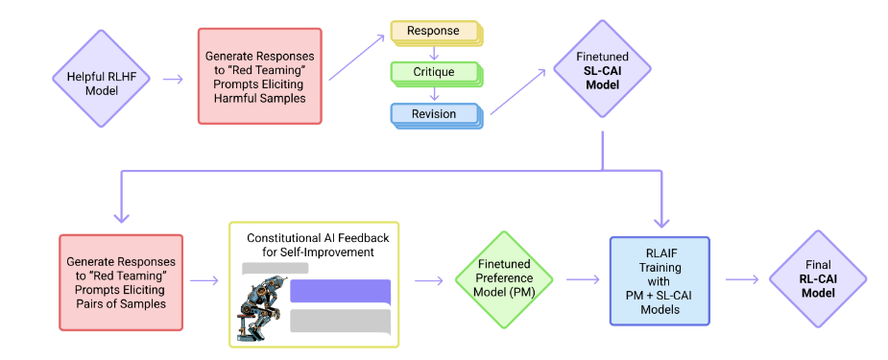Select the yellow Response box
point(435,33)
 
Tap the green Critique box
point(435,73)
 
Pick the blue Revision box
point(435,115)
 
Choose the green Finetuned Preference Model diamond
point(504,279)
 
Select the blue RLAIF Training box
point(660,280)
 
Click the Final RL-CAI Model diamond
point(818,279)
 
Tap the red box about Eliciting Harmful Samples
point(260,77)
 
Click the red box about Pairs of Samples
point(121,282)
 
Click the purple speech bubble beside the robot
point(341,293)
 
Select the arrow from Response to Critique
point(434,54)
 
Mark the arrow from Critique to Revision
point(434,95)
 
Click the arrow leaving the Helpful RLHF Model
point(174,79)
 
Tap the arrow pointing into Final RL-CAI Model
point(741,279)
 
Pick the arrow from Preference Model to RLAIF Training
point(583,279)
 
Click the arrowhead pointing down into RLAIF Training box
point(661,222)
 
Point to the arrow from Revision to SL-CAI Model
point(517,92)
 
